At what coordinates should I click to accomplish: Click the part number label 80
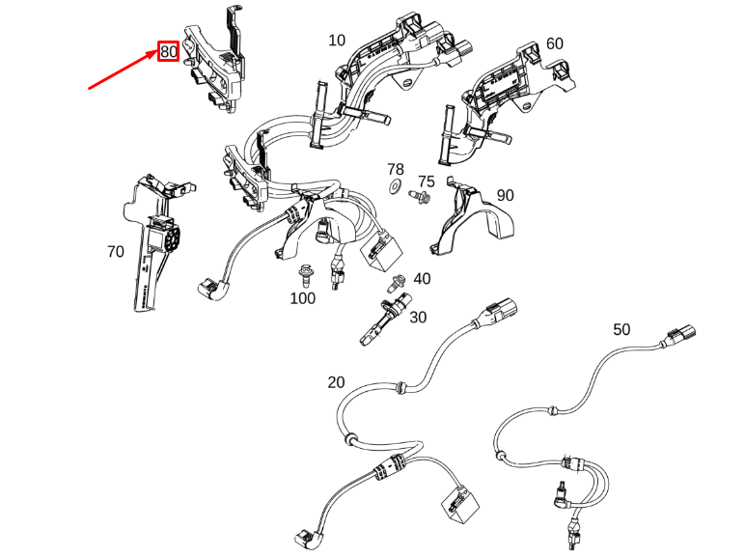click(x=169, y=52)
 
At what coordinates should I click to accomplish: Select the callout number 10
click(x=337, y=41)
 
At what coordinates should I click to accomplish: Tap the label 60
click(x=554, y=43)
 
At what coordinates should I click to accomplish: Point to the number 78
click(x=396, y=169)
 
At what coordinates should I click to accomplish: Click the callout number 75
click(x=426, y=181)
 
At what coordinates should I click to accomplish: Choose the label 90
click(x=505, y=195)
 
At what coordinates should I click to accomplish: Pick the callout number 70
click(x=115, y=252)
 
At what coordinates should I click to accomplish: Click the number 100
click(x=302, y=298)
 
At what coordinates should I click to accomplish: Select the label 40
click(x=422, y=279)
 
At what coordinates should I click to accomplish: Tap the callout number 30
click(x=417, y=317)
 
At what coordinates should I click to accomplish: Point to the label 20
click(x=335, y=382)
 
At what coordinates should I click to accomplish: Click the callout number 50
click(x=621, y=329)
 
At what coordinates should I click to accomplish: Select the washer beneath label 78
click(x=396, y=186)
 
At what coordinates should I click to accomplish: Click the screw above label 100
click(x=306, y=275)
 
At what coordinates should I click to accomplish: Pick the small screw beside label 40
click(x=397, y=284)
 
